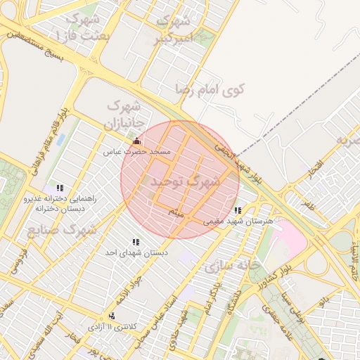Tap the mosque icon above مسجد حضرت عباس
tap(136, 141)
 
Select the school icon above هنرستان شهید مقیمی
tap(238, 210)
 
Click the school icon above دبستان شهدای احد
tap(136, 242)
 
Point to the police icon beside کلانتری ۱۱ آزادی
tap(112, 316)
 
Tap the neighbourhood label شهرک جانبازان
tap(124, 115)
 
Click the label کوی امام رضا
tap(210, 89)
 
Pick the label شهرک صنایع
tap(63, 229)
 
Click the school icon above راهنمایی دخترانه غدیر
tap(60, 188)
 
